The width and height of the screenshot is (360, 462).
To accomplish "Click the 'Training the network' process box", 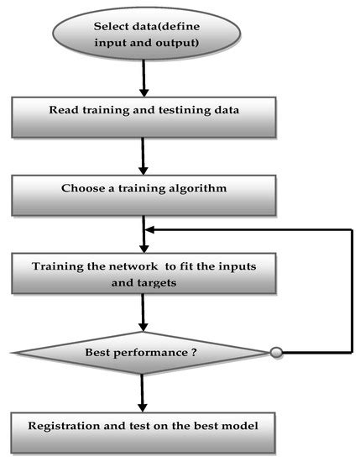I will pyautogui.click(x=144, y=276).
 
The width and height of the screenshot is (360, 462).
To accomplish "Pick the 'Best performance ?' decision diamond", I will pyautogui.click(x=144, y=353).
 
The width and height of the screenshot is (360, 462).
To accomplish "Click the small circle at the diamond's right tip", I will pyautogui.click(x=276, y=353).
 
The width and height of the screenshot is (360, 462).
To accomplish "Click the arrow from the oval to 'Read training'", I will pyautogui.click(x=144, y=81).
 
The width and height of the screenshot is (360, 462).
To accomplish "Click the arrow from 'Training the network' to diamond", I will pyautogui.click(x=144, y=316).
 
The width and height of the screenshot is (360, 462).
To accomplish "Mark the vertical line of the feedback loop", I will pyautogui.click(x=350, y=290).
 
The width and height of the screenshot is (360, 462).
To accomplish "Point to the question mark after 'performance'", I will pyautogui.click(x=193, y=353).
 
